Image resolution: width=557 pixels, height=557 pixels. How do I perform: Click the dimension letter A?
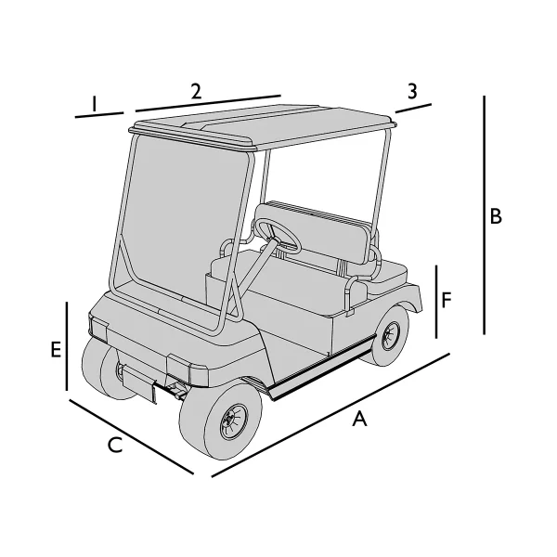click(360, 420)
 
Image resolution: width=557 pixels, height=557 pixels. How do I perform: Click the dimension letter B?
click(497, 216)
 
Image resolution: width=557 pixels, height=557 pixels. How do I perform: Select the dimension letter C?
click(114, 446)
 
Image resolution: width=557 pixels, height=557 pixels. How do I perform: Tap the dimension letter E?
click(56, 349)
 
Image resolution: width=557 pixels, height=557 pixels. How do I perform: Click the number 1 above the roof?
click(94, 102)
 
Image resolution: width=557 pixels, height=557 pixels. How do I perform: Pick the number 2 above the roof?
click(196, 90)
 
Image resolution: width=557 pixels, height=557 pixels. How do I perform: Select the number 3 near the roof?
click(412, 91)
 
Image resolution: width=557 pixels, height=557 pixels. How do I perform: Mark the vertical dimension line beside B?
click(485, 214)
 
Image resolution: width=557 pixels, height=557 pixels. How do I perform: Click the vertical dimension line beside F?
click(436, 302)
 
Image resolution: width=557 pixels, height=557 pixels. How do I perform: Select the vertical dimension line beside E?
click(67, 346)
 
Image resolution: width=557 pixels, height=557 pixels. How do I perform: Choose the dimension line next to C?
click(131, 436)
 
